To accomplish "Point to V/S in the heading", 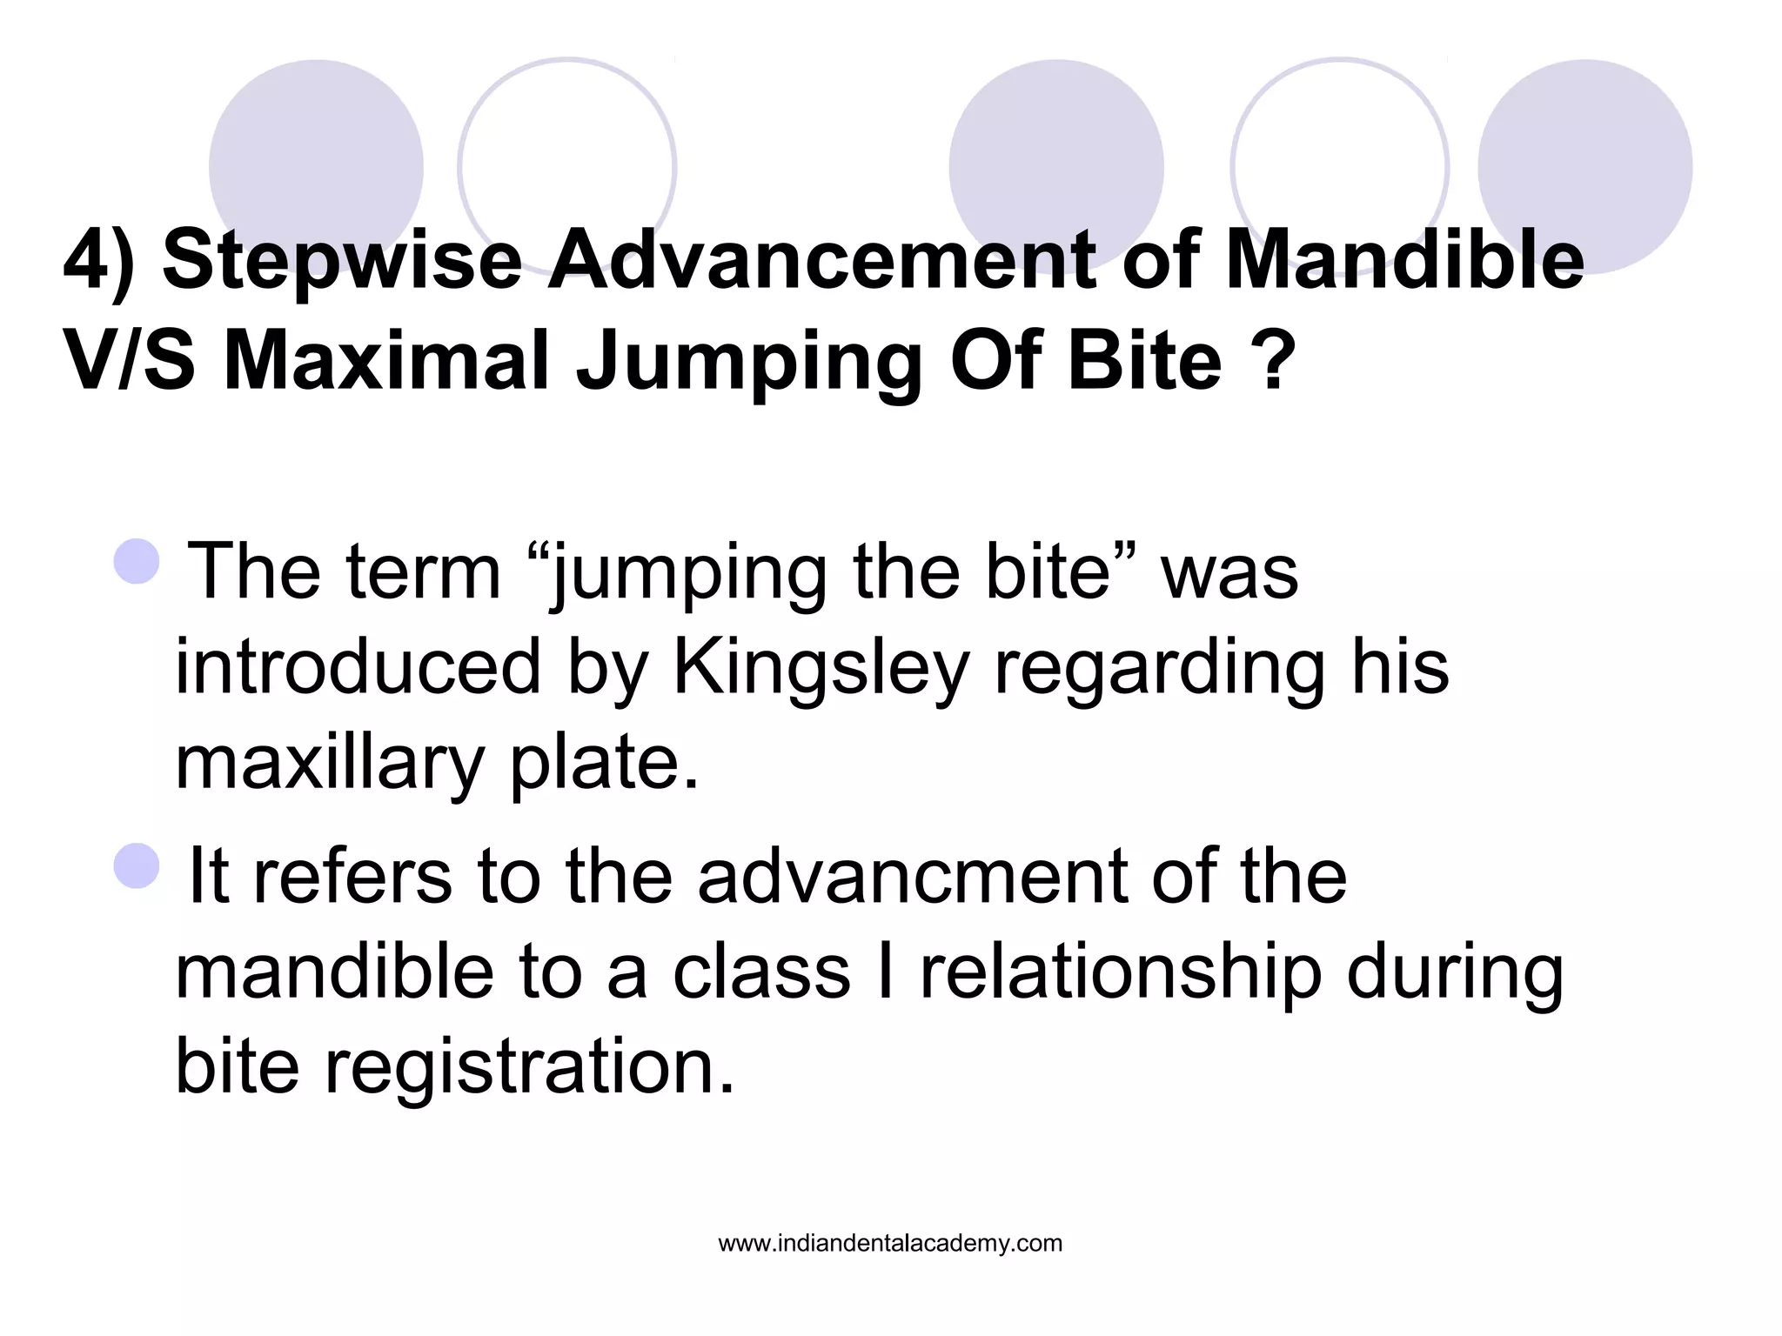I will pos(130,359).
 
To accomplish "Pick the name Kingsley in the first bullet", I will pos(821,667).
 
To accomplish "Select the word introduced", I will pos(358,667).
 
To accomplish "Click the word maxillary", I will pos(329,763).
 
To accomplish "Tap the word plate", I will pos(604,763).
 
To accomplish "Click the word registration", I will pos(530,1067).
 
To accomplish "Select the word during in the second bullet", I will pos(1455,972).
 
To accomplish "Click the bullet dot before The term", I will pos(137,561).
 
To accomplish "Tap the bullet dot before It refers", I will pos(137,865).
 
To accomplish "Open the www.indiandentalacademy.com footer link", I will pos(890,1243).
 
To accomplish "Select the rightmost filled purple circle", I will pos(1584,165).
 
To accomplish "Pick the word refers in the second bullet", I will pos(352,876).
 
